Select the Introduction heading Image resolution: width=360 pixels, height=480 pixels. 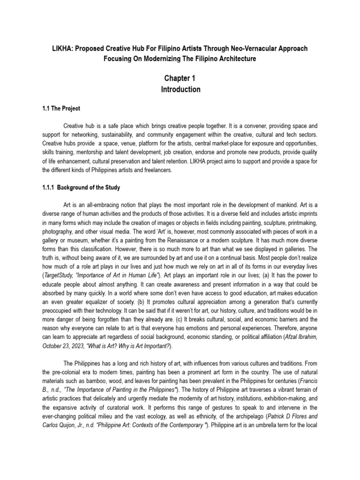click(180, 89)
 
